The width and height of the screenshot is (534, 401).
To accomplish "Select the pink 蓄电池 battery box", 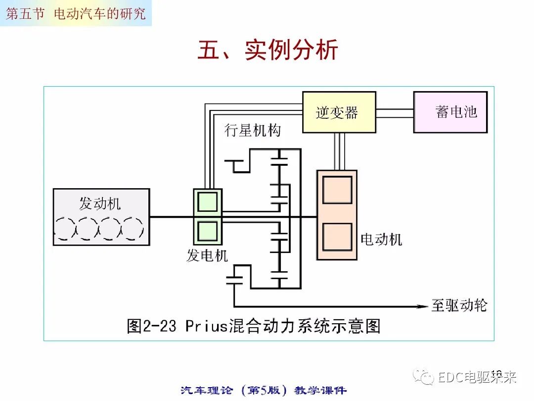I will (450, 112).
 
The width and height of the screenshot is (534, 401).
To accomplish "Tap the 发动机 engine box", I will (101, 217).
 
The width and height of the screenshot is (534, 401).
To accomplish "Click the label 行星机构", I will (253, 130).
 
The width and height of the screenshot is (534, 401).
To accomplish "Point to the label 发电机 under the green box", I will (207, 255).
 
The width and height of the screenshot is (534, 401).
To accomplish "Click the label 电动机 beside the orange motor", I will (381, 240).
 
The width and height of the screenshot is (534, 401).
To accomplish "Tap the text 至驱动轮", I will (459, 305).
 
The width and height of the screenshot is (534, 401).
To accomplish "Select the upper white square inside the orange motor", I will (337, 190).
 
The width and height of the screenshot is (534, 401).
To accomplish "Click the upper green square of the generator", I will (207, 202).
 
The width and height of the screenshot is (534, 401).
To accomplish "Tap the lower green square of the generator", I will (207, 230).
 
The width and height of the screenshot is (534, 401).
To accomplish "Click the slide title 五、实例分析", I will (267, 50).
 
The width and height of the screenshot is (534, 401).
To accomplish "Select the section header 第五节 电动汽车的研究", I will (76, 13).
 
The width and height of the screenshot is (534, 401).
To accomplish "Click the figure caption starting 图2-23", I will (253, 326).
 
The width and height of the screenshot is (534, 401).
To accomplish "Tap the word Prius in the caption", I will (206, 326).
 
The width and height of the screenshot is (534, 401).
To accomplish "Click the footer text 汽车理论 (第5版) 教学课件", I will (264, 390).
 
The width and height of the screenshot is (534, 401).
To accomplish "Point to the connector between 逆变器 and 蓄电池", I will (395, 112).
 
